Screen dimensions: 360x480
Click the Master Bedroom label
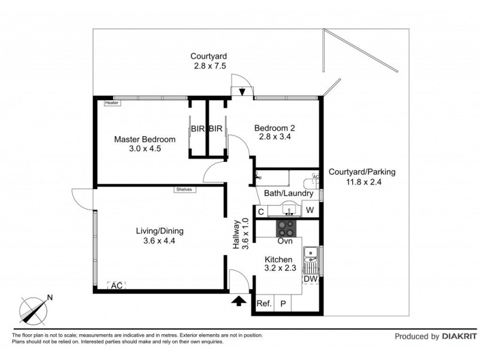tap(145, 140)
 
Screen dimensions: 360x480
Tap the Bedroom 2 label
tap(274, 128)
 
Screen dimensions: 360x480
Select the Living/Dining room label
tap(159, 231)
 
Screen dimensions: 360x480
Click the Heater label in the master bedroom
tap(112, 103)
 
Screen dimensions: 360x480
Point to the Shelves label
tap(184, 190)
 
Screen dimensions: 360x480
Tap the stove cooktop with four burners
tap(285, 229)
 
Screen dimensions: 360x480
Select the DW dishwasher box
tap(310, 279)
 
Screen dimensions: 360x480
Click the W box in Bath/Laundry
tap(310, 210)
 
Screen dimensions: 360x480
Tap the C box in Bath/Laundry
tap(261, 211)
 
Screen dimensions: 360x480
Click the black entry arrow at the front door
tap(239, 300)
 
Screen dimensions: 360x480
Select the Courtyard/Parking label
tap(362, 172)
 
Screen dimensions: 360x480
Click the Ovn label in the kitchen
tap(284, 241)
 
